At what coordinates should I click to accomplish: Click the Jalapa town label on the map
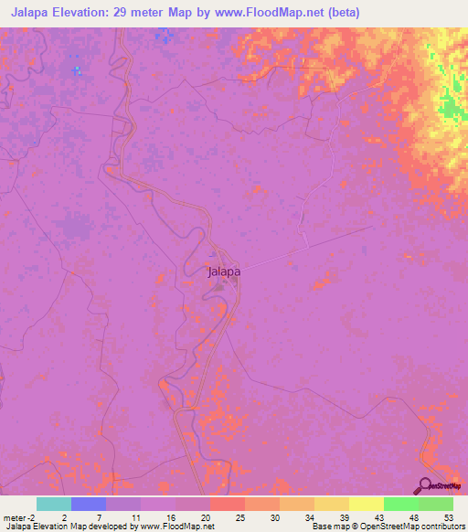pos(224,271)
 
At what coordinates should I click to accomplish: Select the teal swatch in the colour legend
pos(53,504)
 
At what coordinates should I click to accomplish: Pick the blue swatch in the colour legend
pos(88,504)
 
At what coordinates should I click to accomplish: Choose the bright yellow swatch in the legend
pos(366,504)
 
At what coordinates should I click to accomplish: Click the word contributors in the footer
pos(435,527)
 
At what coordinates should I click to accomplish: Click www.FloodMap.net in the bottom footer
pos(177,527)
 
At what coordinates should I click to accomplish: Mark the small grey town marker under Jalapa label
pos(219,286)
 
